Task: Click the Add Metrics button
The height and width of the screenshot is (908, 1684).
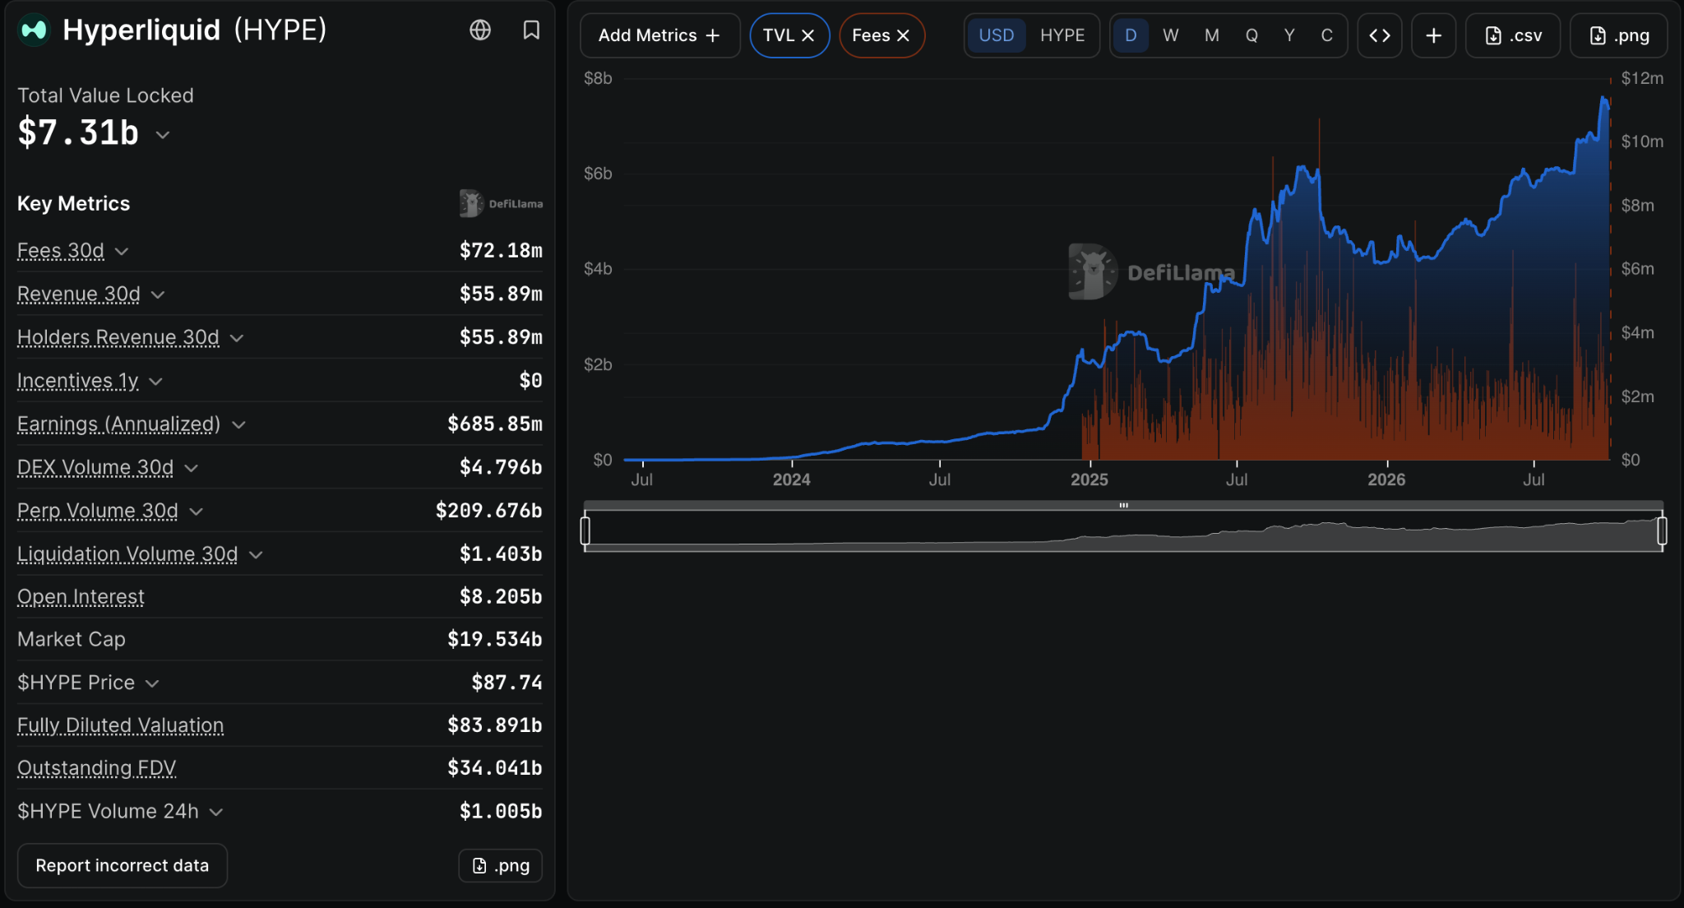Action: (659, 35)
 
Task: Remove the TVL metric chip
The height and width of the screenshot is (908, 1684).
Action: (808, 35)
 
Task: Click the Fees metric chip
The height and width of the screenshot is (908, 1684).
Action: (881, 35)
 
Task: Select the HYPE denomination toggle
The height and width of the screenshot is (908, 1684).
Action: (1062, 35)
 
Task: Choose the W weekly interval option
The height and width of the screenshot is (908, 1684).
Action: (1171, 35)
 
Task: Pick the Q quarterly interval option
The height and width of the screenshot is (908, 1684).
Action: (1251, 35)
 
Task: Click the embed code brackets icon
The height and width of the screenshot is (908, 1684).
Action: (1380, 35)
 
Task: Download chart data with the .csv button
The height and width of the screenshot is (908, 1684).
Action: (1513, 35)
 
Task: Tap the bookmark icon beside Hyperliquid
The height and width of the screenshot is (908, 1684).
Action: (531, 30)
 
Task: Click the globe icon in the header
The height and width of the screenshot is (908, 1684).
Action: (480, 30)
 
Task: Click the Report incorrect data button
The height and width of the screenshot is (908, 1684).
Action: (123, 865)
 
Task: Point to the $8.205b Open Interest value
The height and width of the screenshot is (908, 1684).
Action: (501, 596)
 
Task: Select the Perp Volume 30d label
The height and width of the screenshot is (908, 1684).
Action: (98, 511)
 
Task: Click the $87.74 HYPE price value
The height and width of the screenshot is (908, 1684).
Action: (507, 682)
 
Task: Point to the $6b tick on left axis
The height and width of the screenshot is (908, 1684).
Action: (598, 174)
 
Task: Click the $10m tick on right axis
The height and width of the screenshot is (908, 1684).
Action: (1642, 141)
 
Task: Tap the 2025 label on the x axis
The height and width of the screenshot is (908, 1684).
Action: (1090, 479)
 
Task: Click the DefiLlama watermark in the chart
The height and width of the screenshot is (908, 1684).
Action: (1151, 271)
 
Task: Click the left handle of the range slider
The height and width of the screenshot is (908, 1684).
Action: (585, 530)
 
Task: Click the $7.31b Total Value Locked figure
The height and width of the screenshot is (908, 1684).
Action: (78, 132)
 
